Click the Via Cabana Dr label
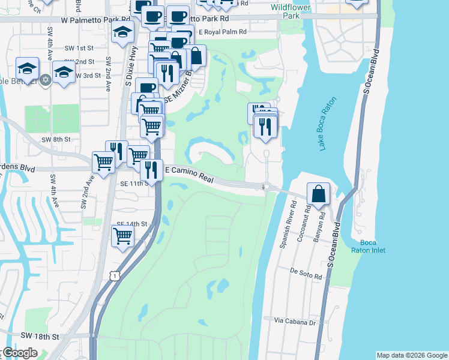pos(295,322)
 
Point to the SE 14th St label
pos(132,224)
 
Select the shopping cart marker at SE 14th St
pos(122,236)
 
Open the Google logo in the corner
pos(20,353)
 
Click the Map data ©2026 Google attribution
pos(412,355)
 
